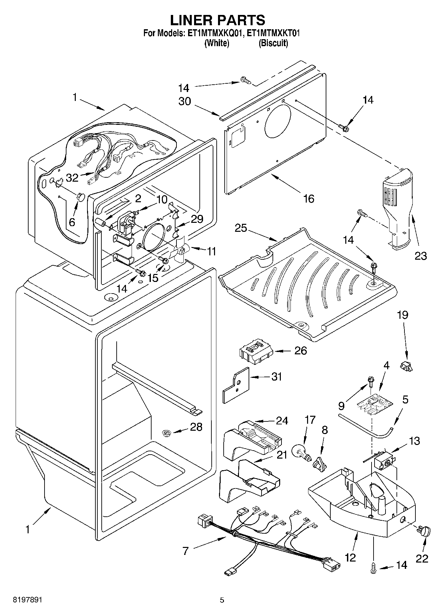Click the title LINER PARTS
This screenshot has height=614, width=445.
point(218,20)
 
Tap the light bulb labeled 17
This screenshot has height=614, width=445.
point(301,453)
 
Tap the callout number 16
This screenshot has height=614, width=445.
point(309,199)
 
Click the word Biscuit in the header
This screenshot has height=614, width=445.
point(273,43)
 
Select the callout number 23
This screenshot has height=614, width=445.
point(420,255)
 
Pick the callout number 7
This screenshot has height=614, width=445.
point(185,551)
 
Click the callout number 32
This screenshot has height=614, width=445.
point(72,178)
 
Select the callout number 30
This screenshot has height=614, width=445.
point(185,101)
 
